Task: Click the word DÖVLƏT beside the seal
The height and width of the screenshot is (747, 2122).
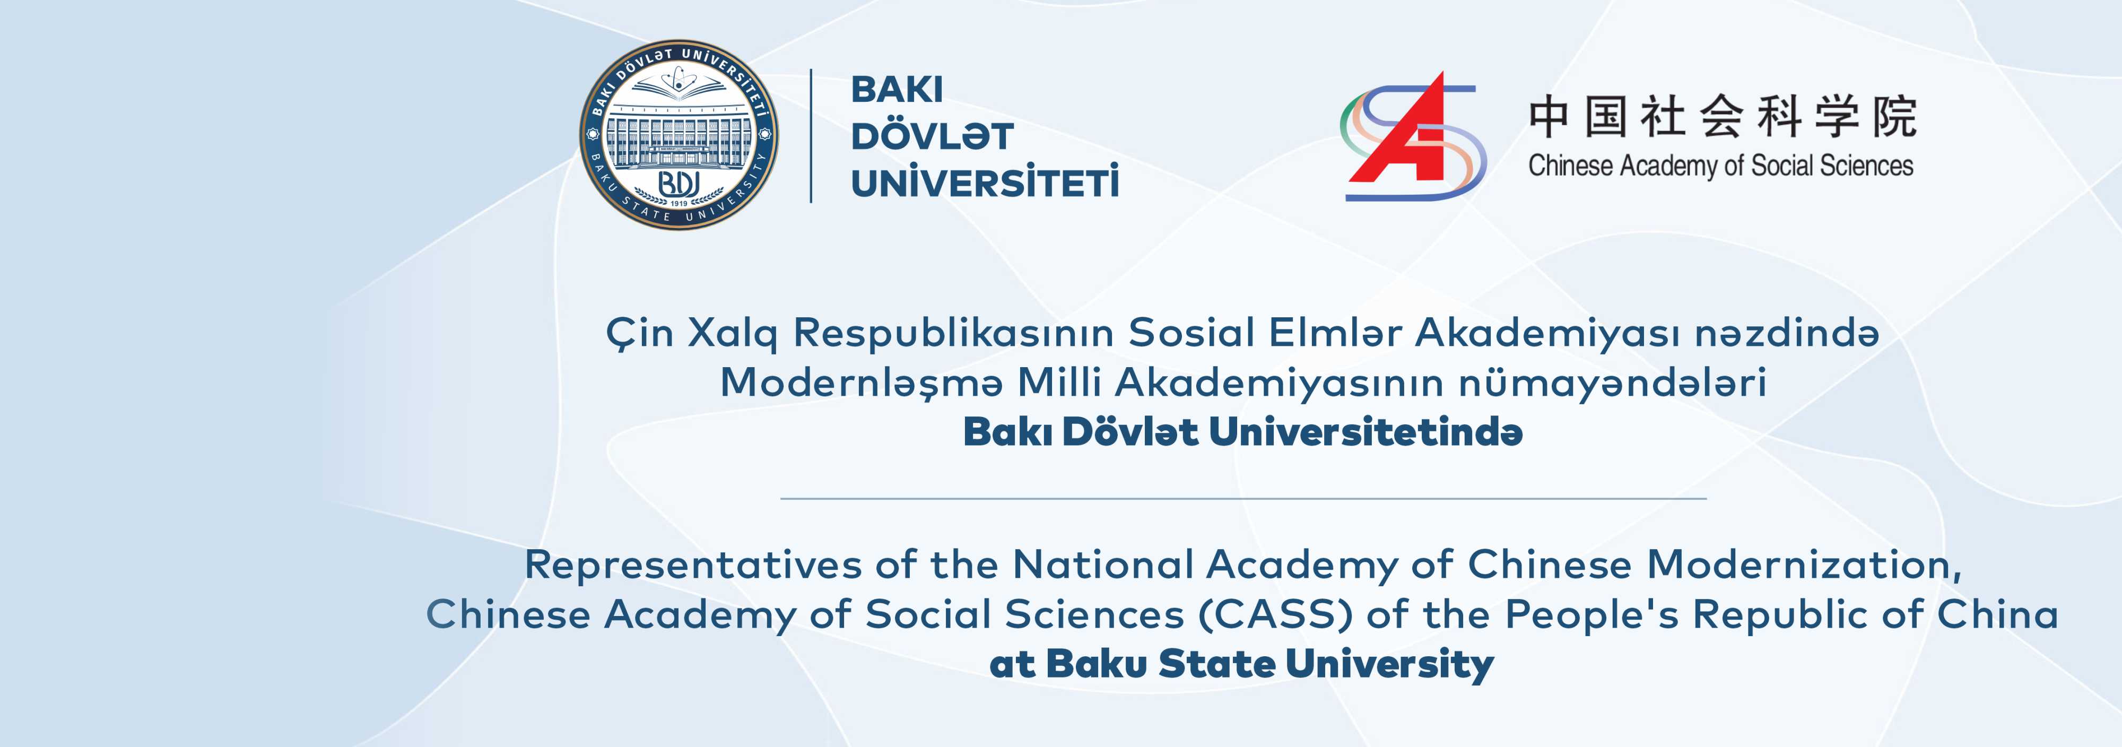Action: (932, 137)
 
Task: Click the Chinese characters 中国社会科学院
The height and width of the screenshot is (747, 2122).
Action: (1723, 116)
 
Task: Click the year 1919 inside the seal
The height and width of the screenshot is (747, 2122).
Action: (679, 203)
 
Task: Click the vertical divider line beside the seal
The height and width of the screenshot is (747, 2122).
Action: (812, 136)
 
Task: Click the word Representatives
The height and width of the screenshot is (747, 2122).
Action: (693, 565)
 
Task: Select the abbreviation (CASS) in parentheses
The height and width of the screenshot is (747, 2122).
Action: (1275, 614)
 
